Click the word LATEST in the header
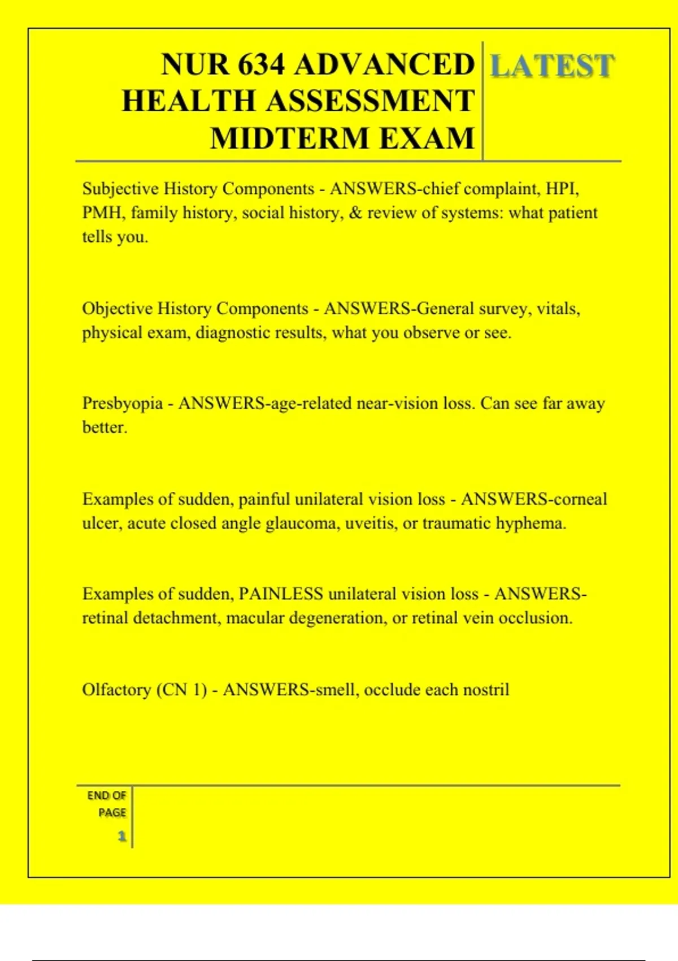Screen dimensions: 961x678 point(551,66)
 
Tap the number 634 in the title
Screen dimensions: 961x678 point(261,64)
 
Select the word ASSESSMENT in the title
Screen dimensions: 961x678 point(371,101)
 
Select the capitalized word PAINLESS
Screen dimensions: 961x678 point(280,594)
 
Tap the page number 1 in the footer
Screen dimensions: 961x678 point(121,836)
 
